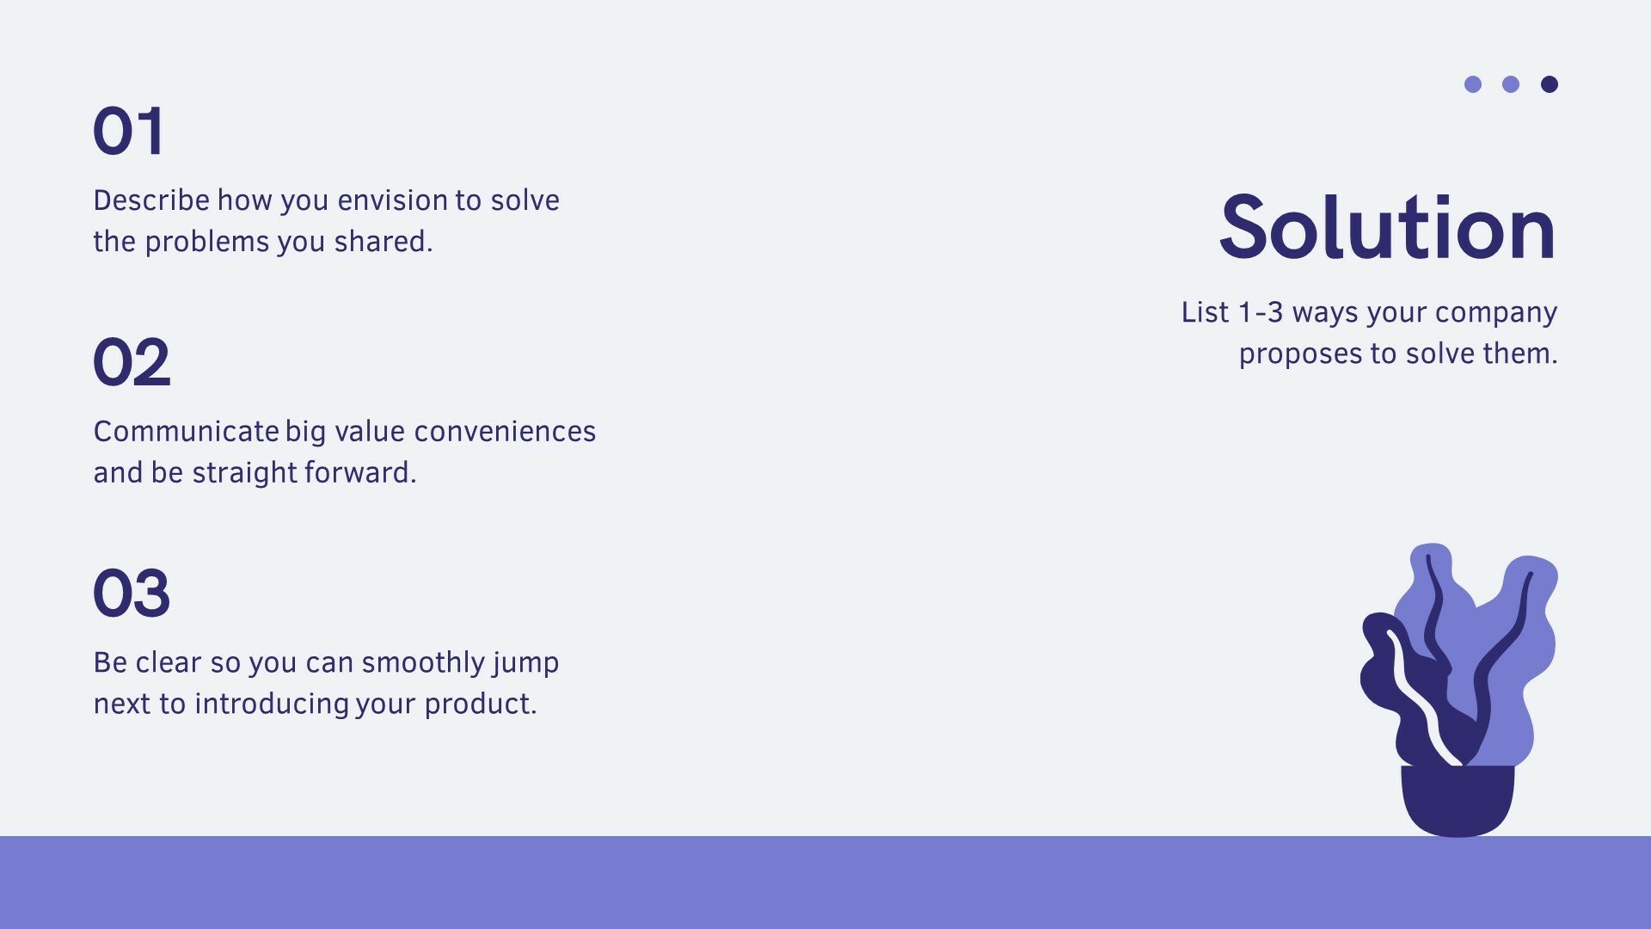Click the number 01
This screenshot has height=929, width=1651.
[128, 132]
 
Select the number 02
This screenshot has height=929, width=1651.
[132, 362]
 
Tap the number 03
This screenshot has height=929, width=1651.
[132, 594]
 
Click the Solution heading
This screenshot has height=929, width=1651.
[1387, 226]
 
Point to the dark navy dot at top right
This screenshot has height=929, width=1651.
[1550, 84]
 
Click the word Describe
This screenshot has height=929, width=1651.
[151, 200]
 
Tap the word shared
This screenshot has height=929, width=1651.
[383, 241]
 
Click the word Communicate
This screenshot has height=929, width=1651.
[186, 431]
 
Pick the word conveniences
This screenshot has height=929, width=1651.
[505, 431]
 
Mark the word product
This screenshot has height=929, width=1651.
[481, 704]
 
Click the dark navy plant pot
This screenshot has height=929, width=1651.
[1458, 801]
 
